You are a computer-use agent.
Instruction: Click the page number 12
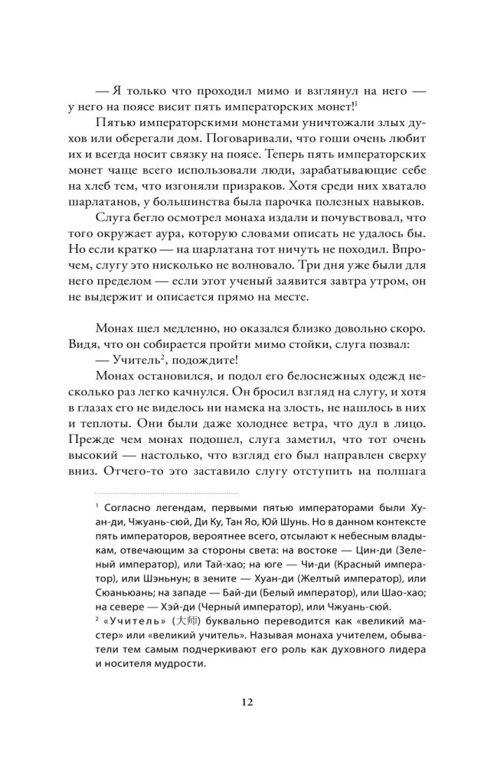coord(247,702)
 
